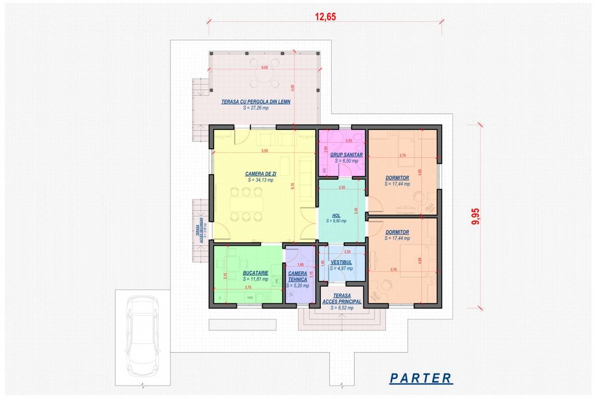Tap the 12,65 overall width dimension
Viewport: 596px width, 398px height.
(325, 16)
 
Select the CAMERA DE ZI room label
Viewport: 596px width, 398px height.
(260, 174)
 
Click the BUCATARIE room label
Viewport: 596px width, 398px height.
(256, 273)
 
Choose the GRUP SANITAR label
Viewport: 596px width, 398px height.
(347, 155)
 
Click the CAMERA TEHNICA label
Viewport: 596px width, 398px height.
(298, 276)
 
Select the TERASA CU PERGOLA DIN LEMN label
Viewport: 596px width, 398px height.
(256, 101)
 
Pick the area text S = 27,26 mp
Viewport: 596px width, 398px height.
(256, 107)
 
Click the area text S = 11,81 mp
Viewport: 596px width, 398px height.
(256, 279)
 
